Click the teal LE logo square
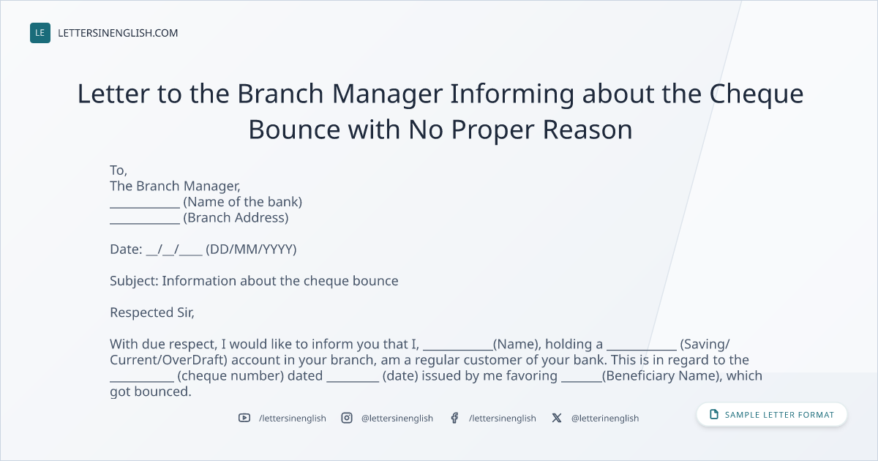pyautogui.click(x=40, y=33)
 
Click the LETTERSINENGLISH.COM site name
pyautogui.click(x=118, y=33)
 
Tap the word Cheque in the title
pyautogui.click(x=757, y=95)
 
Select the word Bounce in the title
pyautogui.click(x=294, y=130)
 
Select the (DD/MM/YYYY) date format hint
pyautogui.click(x=251, y=250)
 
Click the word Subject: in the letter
pyautogui.click(x=134, y=281)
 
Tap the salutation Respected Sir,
pyautogui.click(x=152, y=312)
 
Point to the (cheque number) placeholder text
pyautogui.click(x=230, y=376)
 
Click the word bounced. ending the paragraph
pyautogui.click(x=162, y=391)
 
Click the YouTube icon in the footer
pyautogui.click(x=244, y=418)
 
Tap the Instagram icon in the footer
pyautogui.click(x=347, y=418)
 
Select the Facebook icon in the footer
pyautogui.click(x=454, y=418)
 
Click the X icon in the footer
pyautogui.click(x=557, y=418)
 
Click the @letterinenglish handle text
pyautogui.click(x=605, y=419)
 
